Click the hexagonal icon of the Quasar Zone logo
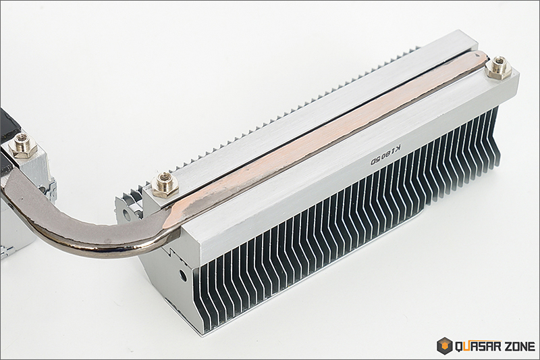tap(444, 346)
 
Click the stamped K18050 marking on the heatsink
tap(385, 155)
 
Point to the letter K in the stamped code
tap(398, 149)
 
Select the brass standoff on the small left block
tap(23, 146)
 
